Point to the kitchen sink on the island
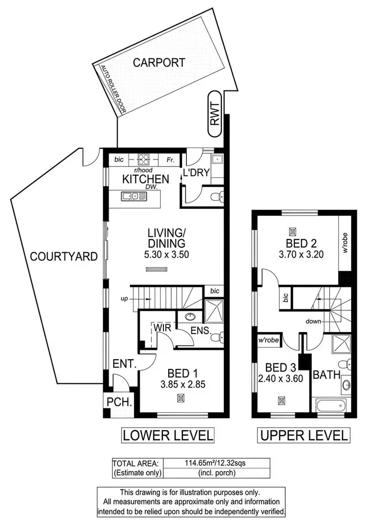(133, 197)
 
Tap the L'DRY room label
(196, 172)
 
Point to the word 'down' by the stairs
(313, 321)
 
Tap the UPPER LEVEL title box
(304, 435)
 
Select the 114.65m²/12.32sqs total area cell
(215, 463)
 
